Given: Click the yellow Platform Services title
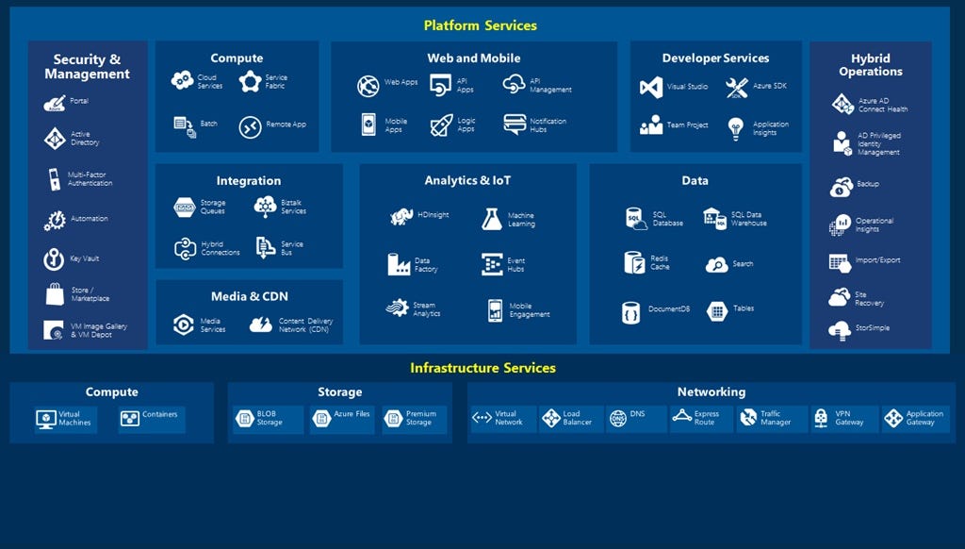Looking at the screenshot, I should (480, 25).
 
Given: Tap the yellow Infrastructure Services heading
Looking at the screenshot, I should (482, 368).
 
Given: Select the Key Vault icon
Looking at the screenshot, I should (55, 259).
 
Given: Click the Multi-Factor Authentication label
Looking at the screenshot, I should (90, 178).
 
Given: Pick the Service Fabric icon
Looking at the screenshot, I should (250, 82).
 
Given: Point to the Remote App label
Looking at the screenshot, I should (286, 125).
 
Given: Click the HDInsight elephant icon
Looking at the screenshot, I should (402, 217).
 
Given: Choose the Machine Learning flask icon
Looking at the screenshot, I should (492, 220).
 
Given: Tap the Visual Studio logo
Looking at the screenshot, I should (651, 87).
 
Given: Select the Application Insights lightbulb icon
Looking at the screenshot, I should (737, 128).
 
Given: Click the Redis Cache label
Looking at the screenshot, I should (660, 262).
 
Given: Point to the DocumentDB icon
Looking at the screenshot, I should (631, 312).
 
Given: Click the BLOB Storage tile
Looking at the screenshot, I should (269, 419).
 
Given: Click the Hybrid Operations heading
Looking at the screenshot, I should (870, 65).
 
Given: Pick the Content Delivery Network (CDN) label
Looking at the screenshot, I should (305, 325).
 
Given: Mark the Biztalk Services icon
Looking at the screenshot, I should (266, 207).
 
